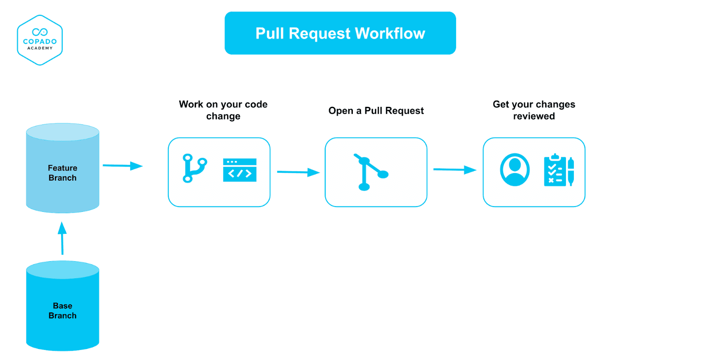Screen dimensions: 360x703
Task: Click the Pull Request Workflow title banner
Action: tap(340, 33)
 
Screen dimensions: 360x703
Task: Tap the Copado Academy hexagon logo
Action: tap(40, 40)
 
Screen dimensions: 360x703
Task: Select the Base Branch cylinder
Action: tap(62, 310)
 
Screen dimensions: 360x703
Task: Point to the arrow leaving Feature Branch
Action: tap(123, 166)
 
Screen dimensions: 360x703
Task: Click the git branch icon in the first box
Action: tap(194, 168)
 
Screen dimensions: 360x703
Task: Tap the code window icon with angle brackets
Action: tap(239, 170)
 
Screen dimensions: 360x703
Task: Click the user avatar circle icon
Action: tap(515, 170)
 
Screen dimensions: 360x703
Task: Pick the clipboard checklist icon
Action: tap(555, 171)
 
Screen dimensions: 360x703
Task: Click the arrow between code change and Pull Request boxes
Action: tap(298, 172)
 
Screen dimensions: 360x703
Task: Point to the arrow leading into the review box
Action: tap(454, 170)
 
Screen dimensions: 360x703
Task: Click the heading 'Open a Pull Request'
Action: tap(376, 111)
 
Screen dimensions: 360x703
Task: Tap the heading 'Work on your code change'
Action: tap(223, 110)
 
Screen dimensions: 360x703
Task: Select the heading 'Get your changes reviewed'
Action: tap(534, 110)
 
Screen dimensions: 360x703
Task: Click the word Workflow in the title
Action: tap(390, 33)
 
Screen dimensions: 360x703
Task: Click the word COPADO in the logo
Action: tap(40, 41)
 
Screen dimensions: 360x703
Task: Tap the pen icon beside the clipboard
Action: tap(571, 171)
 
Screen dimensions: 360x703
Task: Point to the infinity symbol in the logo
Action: tap(40, 32)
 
